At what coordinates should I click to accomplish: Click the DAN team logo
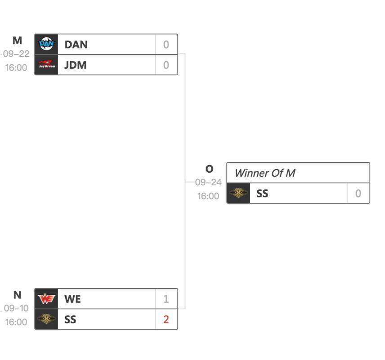tap(46, 44)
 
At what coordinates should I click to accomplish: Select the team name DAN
tap(76, 45)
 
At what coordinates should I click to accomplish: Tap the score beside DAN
tap(166, 45)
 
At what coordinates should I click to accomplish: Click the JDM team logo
tap(46, 65)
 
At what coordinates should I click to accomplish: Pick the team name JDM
tap(76, 65)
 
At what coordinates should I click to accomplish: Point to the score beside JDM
tap(166, 65)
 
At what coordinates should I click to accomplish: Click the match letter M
tap(17, 40)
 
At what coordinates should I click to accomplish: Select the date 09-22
tap(16, 54)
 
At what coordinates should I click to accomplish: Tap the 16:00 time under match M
tap(16, 67)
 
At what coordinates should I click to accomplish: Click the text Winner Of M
tap(264, 173)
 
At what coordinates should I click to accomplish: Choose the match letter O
tap(209, 169)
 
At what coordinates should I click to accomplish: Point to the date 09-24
tap(208, 182)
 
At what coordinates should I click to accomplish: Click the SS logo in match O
tap(238, 193)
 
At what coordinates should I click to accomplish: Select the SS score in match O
tap(358, 193)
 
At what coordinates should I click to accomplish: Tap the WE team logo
tap(46, 299)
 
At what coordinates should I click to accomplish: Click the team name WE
tap(72, 299)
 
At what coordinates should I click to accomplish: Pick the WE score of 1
tap(166, 299)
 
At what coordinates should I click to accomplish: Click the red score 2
tap(166, 319)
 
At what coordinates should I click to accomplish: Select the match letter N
tap(17, 295)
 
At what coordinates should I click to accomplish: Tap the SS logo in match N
tap(46, 319)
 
